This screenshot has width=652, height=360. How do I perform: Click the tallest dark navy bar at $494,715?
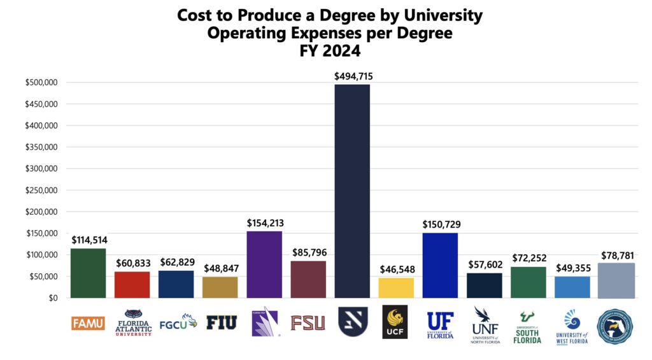tap(352, 191)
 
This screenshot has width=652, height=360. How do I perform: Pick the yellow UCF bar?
tap(396, 287)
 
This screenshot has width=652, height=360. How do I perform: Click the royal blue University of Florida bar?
tap(440, 265)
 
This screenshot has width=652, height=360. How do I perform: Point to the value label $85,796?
tap(308, 252)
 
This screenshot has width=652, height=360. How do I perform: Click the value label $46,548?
tap(396, 269)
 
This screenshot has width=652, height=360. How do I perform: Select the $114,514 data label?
tap(89, 240)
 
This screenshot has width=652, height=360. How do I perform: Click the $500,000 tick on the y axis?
tap(42, 82)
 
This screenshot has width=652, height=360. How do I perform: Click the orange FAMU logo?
tap(88, 323)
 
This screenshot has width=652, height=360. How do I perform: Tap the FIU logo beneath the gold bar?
tap(221, 322)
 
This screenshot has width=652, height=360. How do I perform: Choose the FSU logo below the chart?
tap(308, 323)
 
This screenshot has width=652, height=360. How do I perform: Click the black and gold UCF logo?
tap(395, 322)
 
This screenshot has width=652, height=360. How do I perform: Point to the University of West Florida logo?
tap(571, 326)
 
